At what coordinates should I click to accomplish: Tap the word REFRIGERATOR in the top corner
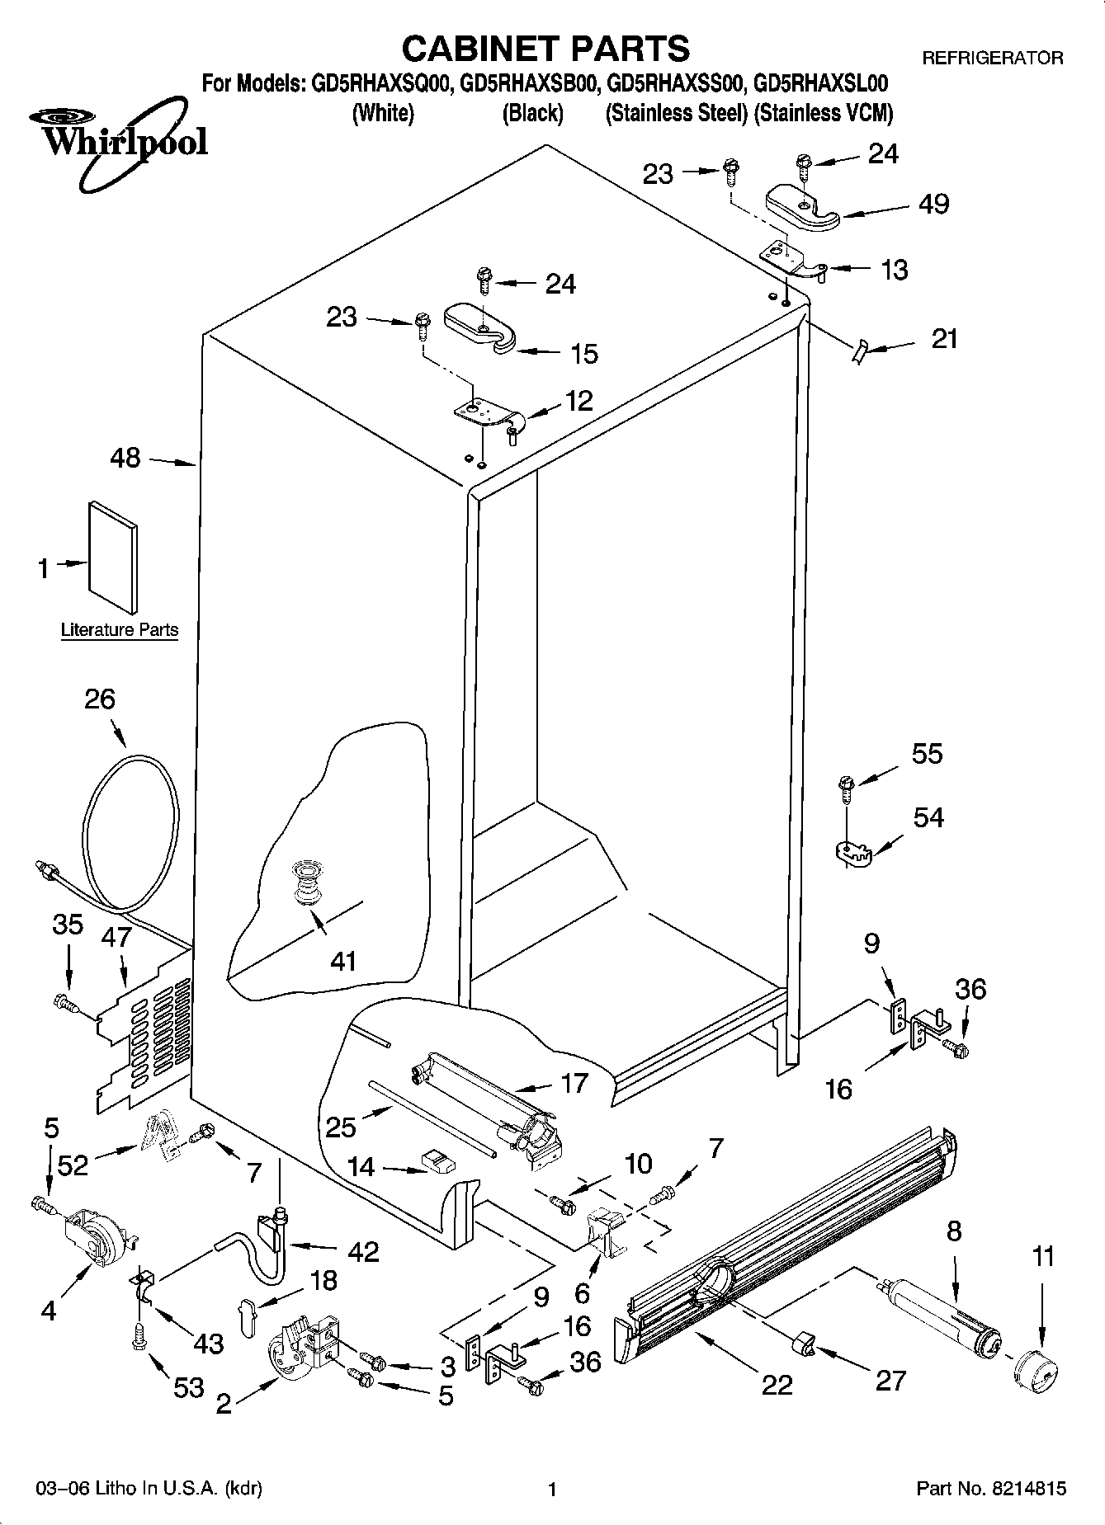(x=992, y=58)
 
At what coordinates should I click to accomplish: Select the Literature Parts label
(x=120, y=630)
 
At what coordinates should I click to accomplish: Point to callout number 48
(x=125, y=458)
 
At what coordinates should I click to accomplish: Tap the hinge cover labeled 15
(x=479, y=329)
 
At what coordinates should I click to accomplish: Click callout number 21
(x=944, y=339)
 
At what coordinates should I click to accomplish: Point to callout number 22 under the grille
(x=777, y=1384)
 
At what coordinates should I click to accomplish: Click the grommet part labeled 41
(x=307, y=883)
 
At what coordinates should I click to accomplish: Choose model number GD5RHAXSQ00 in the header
(x=381, y=83)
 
